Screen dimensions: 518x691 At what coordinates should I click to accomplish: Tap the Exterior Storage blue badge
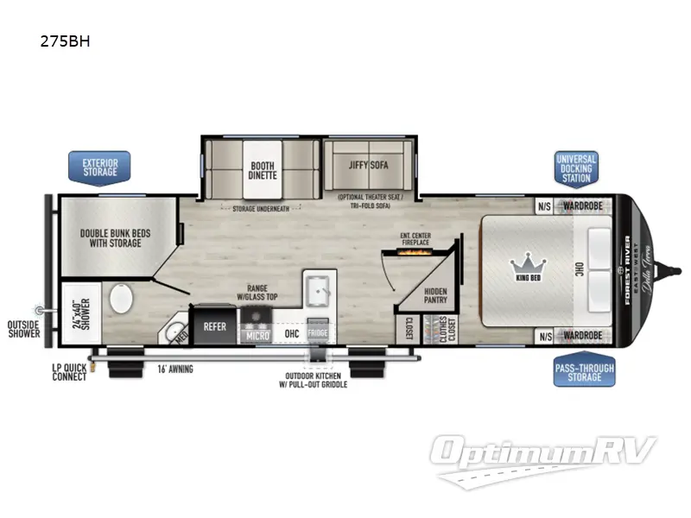pos(99,167)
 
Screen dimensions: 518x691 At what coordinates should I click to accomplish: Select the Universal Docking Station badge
pos(576,168)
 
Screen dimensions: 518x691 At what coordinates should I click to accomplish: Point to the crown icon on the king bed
pos(524,262)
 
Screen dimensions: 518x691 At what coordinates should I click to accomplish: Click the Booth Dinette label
pos(263,168)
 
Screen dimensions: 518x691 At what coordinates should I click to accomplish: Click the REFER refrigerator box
pos(214,326)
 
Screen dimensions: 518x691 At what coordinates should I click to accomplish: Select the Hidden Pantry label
pos(435,298)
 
